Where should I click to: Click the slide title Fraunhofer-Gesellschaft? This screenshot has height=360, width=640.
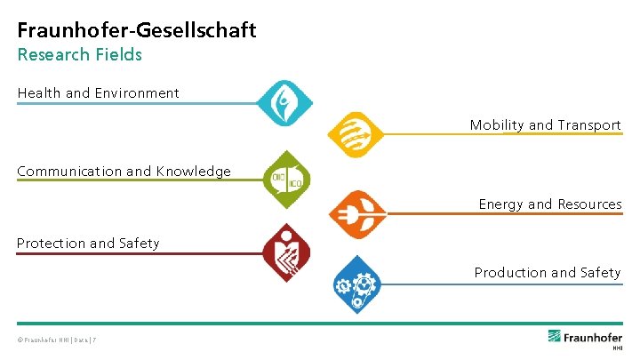[137, 30]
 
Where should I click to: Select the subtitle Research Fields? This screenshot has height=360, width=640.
[79, 54]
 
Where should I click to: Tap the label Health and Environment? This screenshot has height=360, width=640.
[98, 92]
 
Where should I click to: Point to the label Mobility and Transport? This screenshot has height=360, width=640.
[545, 125]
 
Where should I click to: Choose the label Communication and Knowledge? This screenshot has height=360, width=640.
[124, 172]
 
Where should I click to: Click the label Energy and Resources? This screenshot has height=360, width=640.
[549, 204]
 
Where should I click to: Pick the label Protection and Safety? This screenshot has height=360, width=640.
[88, 244]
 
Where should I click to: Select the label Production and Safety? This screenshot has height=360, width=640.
[547, 273]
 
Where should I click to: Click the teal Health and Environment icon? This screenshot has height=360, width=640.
[284, 103]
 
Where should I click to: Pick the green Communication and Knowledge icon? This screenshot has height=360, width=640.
[288, 179]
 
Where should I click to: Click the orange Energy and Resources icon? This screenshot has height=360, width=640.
[356, 214]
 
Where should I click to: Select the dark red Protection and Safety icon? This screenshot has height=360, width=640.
[286, 252]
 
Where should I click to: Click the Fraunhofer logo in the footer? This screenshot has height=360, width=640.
[584, 337]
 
